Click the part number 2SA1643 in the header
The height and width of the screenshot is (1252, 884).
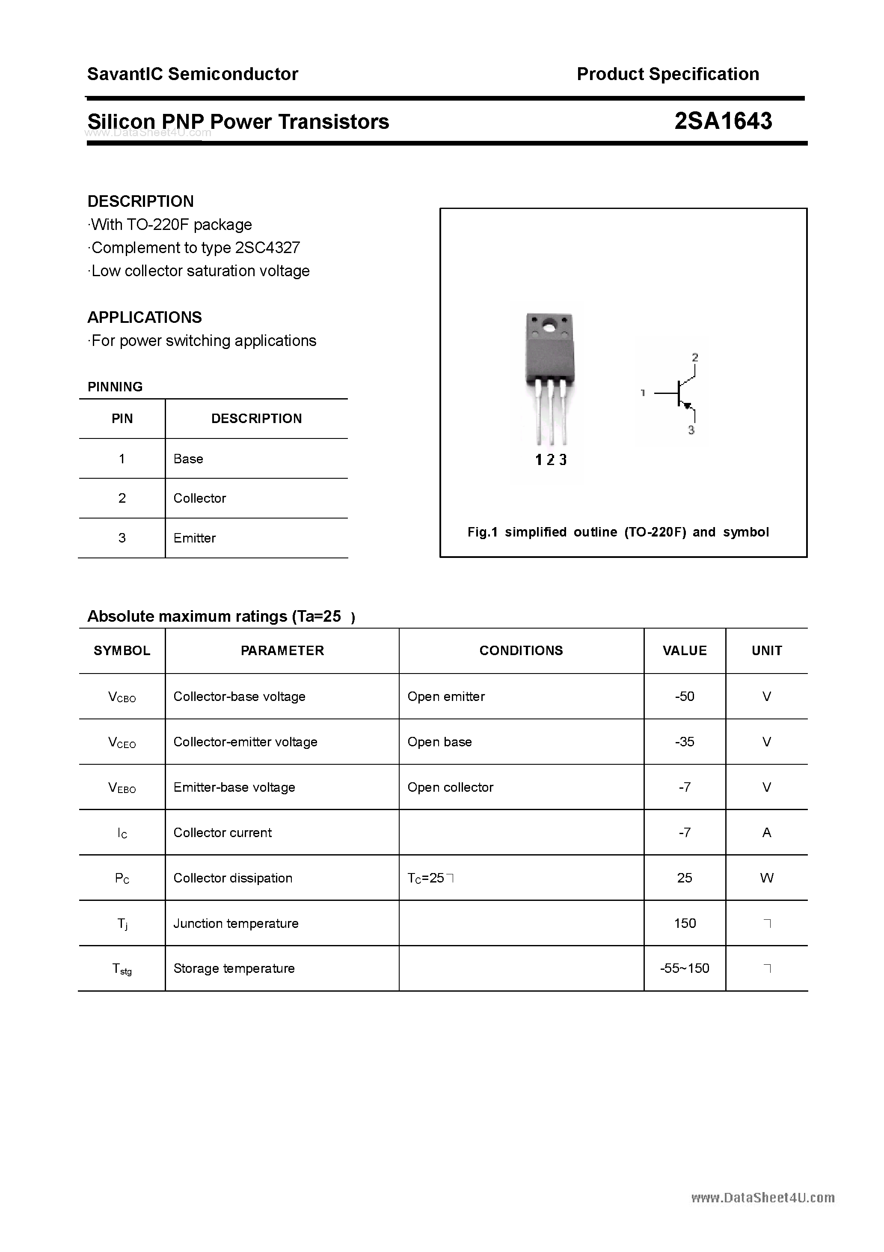coord(723,121)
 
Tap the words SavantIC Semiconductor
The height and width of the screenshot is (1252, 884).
coord(193,74)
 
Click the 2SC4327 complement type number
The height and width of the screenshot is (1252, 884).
coord(267,247)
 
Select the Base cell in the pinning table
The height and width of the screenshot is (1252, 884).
coord(188,459)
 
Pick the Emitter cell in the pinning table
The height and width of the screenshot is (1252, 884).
coord(195,538)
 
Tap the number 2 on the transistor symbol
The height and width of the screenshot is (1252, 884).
coord(695,358)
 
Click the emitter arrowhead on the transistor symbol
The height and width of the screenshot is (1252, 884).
coord(688,405)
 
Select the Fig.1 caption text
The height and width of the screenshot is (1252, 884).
coord(618,532)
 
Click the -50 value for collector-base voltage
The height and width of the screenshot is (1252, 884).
coord(685,696)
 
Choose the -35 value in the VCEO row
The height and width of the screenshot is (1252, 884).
coord(685,742)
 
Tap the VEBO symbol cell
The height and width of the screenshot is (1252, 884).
coord(122,787)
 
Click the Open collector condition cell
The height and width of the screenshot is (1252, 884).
coord(450,787)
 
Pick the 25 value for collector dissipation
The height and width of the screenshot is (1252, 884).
coord(685,877)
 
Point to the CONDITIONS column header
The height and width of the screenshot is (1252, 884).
coord(521,650)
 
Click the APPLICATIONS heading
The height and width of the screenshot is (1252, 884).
coord(145,317)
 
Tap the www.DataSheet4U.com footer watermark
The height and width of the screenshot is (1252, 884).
coord(762,1198)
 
